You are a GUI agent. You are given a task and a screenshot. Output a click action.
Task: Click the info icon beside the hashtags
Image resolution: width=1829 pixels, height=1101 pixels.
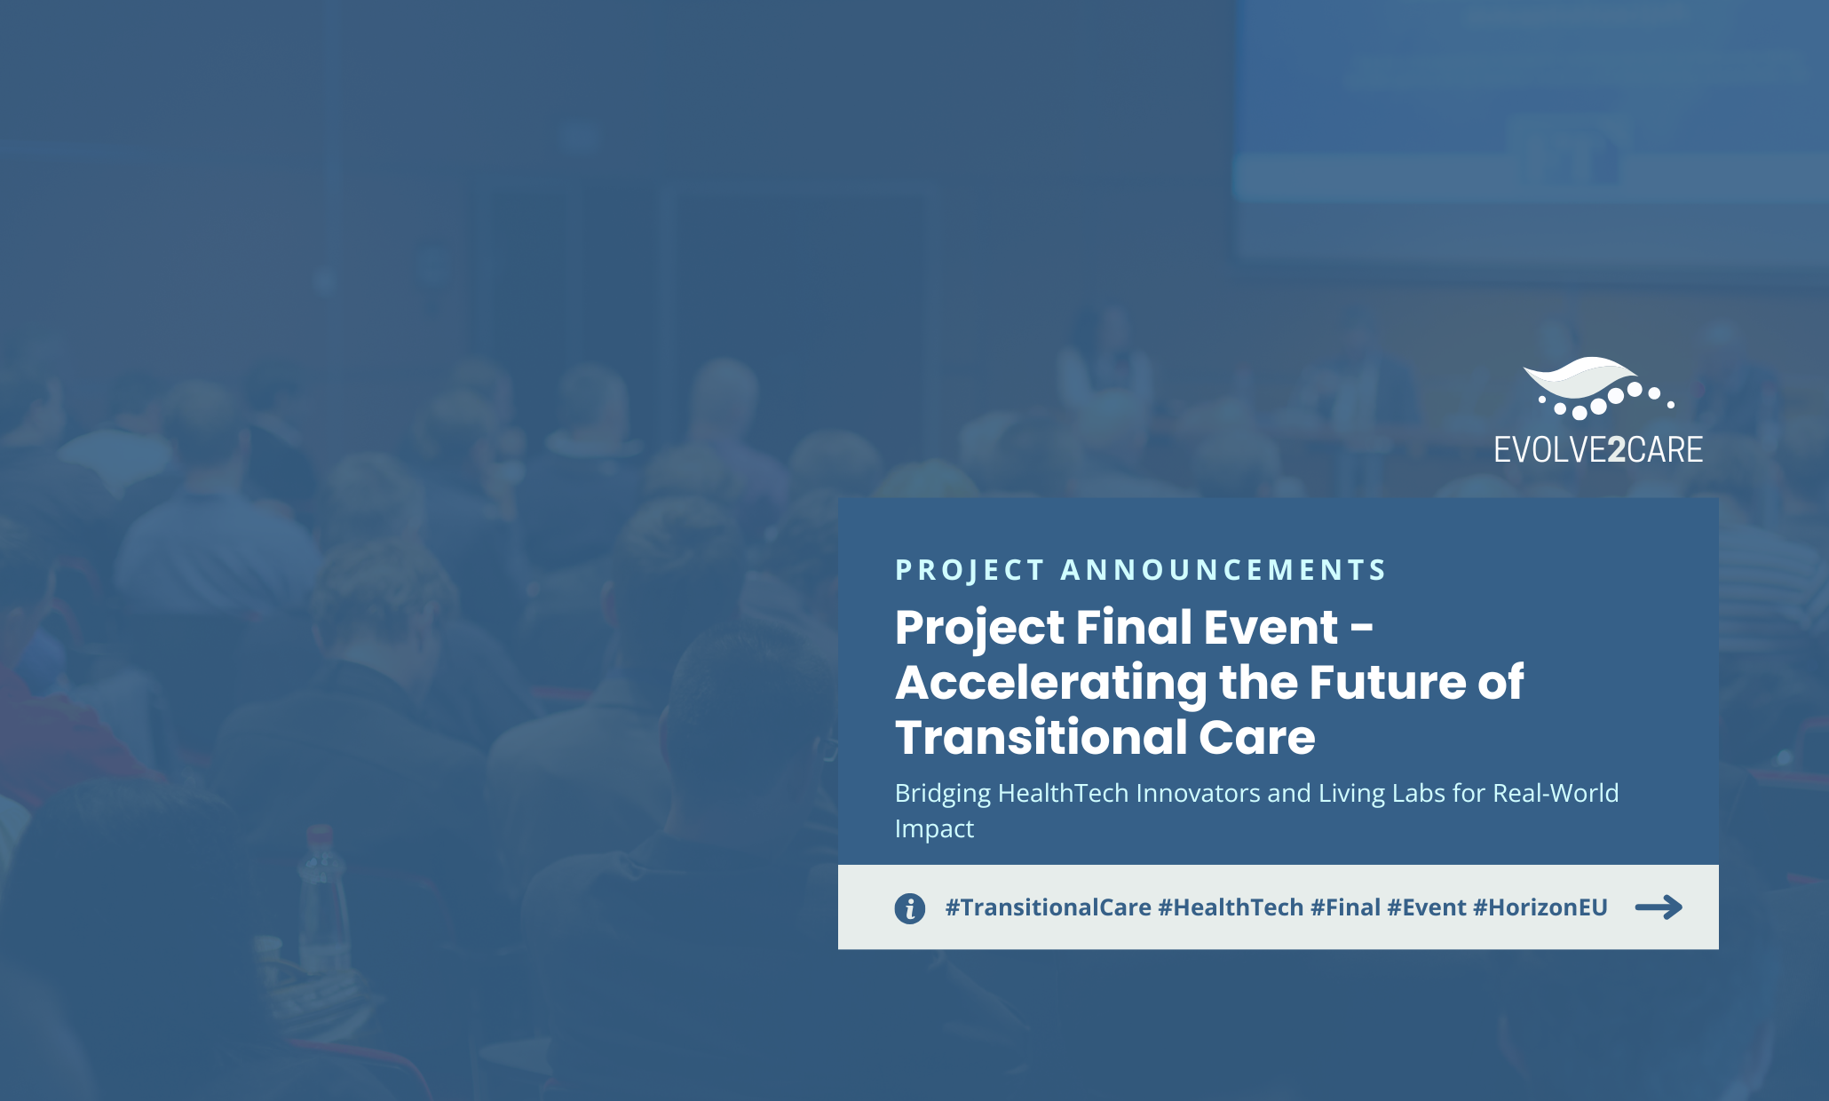[x=909, y=908]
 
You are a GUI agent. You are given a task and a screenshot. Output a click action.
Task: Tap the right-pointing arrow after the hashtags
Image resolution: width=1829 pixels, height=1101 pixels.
[x=1659, y=907]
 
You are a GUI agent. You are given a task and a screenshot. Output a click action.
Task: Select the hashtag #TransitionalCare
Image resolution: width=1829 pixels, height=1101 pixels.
[x=1048, y=907]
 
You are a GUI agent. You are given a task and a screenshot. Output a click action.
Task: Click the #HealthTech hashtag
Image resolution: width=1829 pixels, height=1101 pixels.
[x=1231, y=907]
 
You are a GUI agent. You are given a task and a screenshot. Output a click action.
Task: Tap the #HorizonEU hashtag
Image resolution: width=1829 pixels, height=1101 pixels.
[x=1540, y=907]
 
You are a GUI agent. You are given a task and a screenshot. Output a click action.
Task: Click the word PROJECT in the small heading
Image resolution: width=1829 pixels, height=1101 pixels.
[x=970, y=570]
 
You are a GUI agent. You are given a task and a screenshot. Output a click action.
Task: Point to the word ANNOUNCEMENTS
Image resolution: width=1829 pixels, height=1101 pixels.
[x=1223, y=570]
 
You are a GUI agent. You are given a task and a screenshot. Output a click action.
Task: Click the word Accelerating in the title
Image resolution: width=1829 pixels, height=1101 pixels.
[x=1051, y=684]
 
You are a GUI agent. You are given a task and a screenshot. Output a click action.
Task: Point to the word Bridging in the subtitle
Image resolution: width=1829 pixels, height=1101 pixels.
[x=942, y=794]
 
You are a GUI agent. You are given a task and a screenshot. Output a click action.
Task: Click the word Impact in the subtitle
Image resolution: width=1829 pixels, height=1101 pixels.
[x=934, y=829]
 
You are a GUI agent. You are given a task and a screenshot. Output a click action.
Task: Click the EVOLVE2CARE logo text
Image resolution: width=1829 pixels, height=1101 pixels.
[x=1598, y=449]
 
